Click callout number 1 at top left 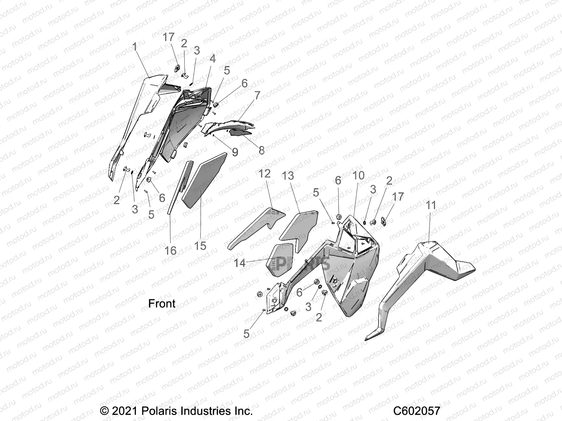(x=135, y=46)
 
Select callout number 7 (x=257, y=95)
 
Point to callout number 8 (x=262, y=150)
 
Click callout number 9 (x=235, y=152)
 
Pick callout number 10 (x=359, y=175)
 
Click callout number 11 (x=431, y=205)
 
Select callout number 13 (x=288, y=175)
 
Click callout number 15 (x=200, y=246)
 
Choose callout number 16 (x=171, y=251)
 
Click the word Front (x=162, y=303)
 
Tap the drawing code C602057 (x=417, y=411)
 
